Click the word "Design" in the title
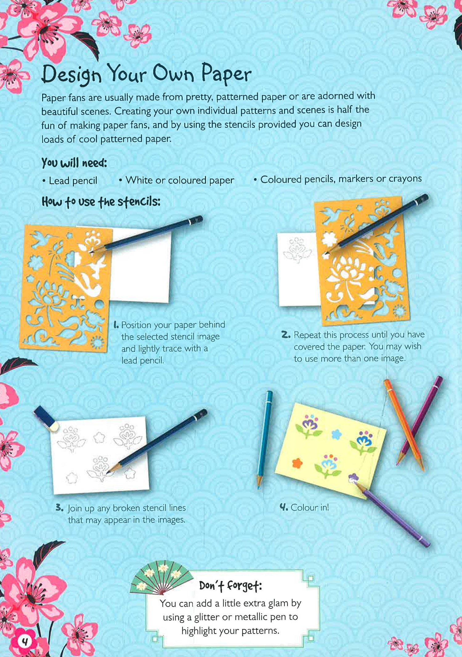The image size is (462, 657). (x=71, y=74)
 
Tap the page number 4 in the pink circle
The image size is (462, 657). (x=25, y=641)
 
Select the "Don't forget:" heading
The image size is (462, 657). (x=230, y=586)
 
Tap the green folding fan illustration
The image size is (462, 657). (x=161, y=578)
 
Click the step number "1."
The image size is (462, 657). (x=116, y=325)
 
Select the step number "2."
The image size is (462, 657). (x=286, y=335)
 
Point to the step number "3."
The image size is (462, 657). (x=59, y=508)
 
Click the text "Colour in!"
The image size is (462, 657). (x=310, y=507)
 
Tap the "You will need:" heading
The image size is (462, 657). (x=74, y=163)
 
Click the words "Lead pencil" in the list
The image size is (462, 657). (x=73, y=181)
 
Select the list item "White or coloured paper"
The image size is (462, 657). (x=180, y=180)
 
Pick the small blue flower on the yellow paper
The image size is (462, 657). (x=337, y=434)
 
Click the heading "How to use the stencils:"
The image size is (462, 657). (x=101, y=202)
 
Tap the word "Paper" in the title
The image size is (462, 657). (x=226, y=73)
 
